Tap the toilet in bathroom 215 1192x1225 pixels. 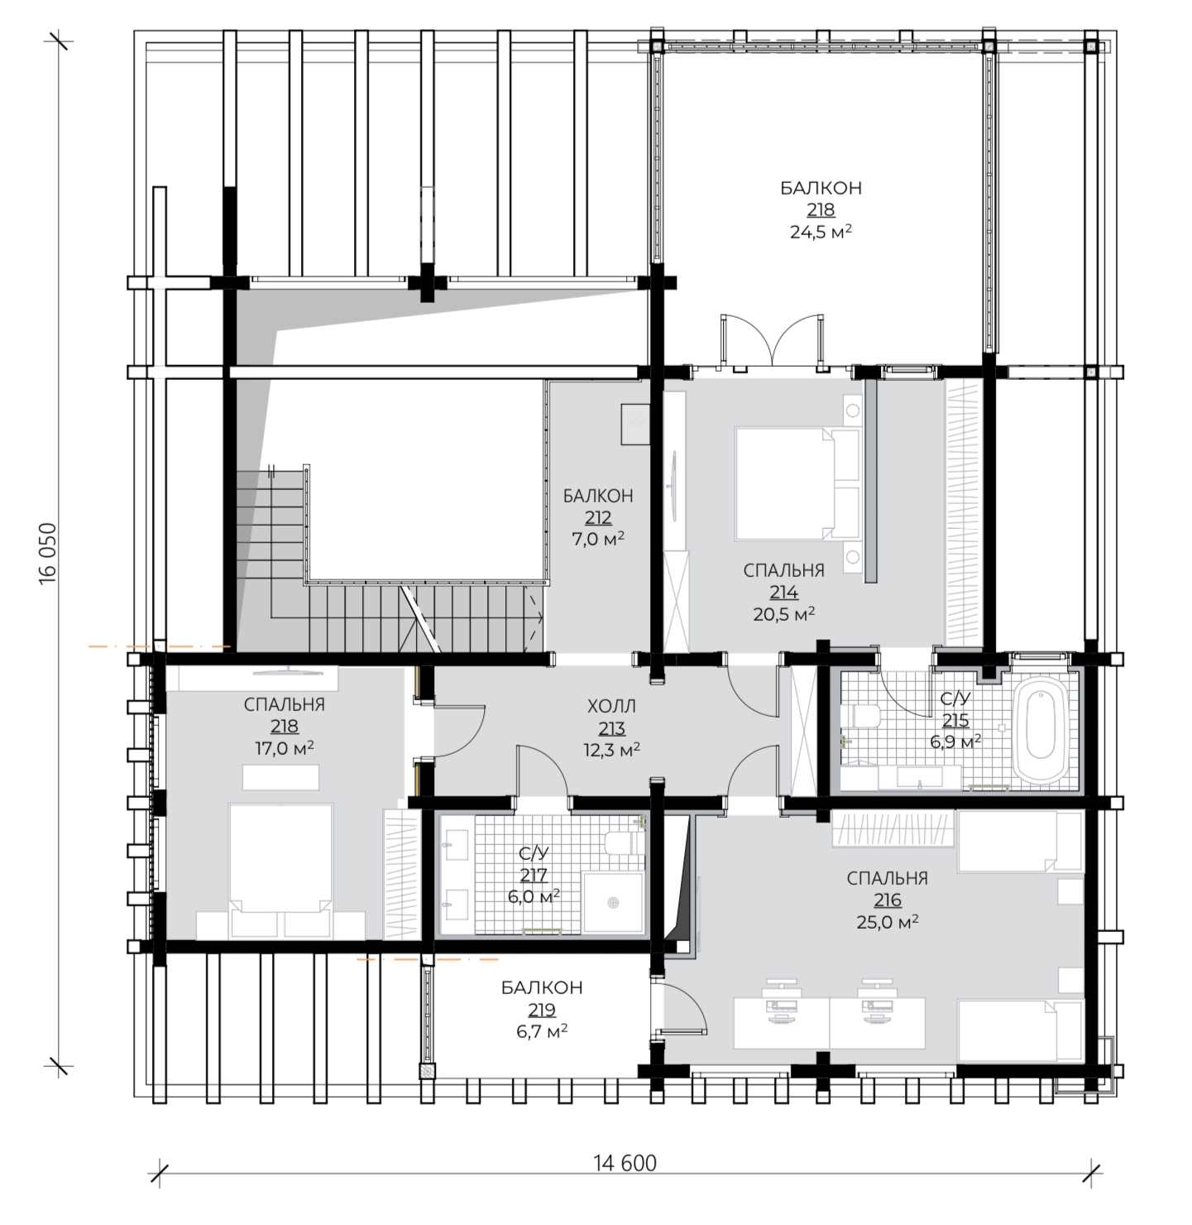pos(860,716)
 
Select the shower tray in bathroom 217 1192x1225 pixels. pos(613,902)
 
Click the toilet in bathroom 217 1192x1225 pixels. pos(625,843)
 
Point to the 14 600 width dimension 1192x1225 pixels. pos(625,1163)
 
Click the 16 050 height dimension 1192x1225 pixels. pos(48,553)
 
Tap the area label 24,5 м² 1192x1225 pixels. pos(821,232)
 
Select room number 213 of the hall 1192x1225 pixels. pos(610,728)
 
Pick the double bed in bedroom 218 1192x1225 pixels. pos(280,871)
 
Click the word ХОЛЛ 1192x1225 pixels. pos(611,706)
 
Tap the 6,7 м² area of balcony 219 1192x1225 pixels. pos(542,1031)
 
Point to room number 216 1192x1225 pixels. pos(887,900)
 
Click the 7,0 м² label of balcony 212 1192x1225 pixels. pos(597,539)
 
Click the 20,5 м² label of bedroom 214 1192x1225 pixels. pos(783,614)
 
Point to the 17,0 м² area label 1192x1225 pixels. pos(285,748)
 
